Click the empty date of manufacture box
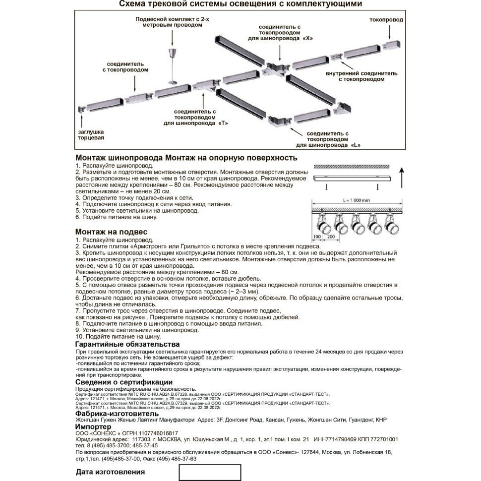point(210,472)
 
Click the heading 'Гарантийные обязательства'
point(127,345)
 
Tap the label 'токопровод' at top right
point(386,20)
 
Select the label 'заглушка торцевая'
point(91,135)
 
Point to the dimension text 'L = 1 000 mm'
point(356,199)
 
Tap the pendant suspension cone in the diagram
point(172,53)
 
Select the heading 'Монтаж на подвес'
point(111,232)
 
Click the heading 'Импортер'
point(94,426)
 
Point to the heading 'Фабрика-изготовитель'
point(117,413)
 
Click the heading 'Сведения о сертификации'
point(124,382)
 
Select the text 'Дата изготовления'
point(110,472)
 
